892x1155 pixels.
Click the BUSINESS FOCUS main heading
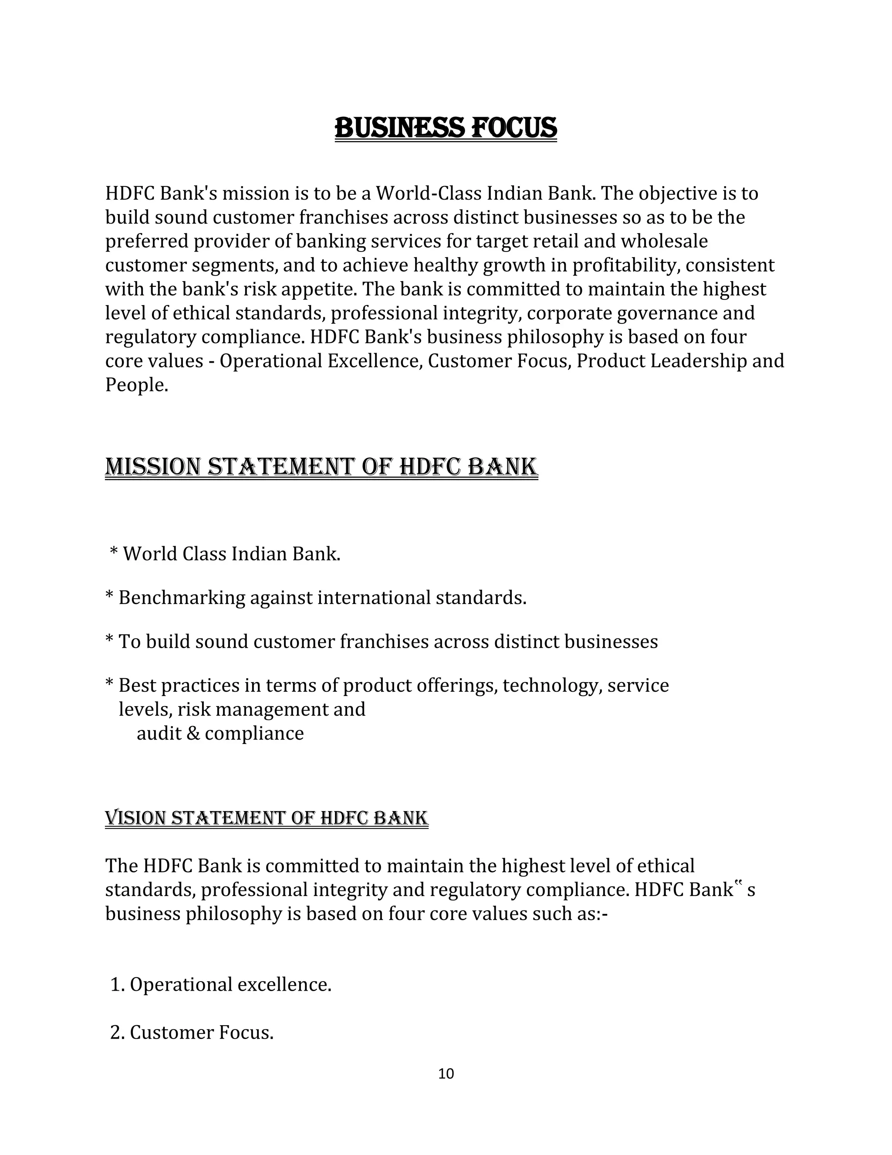pyautogui.click(x=446, y=129)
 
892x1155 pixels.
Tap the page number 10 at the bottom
pyautogui.click(x=446, y=1073)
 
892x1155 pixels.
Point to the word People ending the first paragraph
pyautogui.click(x=136, y=385)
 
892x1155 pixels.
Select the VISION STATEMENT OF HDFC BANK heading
pyautogui.click(x=266, y=818)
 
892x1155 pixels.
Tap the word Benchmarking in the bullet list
pyautogui.click(x=182, y=598)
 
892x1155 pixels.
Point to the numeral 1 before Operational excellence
pyautogui.click(x=115, y=985)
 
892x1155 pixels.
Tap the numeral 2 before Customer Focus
pyautogui.click(x=115, y=1032)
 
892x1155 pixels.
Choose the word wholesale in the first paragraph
pyautogui.click(x=664, y=241)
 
